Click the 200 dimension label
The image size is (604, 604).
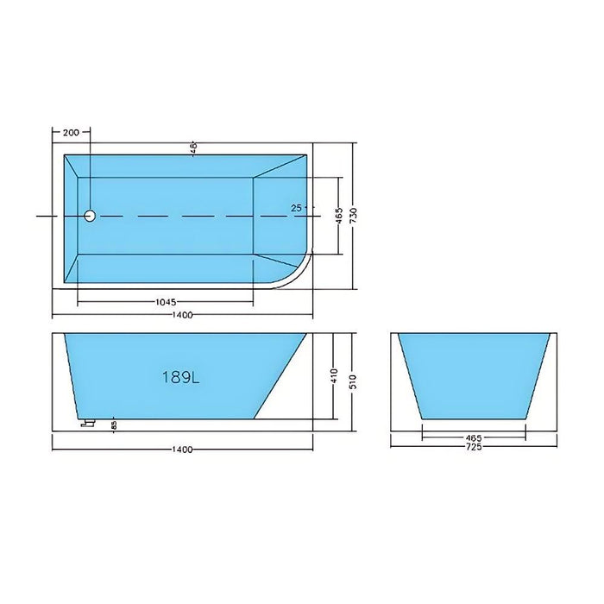[x=71, y=133]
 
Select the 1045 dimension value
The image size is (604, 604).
[x=167, y=303]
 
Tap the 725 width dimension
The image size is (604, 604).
[x=472, y=446]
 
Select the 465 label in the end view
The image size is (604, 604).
[x=472, y=437]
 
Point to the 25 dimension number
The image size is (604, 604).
[x=297, y=208]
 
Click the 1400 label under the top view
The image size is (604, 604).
[x=182, y=318]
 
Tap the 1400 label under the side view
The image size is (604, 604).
[x=182, y=450]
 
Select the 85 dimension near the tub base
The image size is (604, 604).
[x=114, y=425]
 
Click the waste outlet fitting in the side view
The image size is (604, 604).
[x=86, y=423]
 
